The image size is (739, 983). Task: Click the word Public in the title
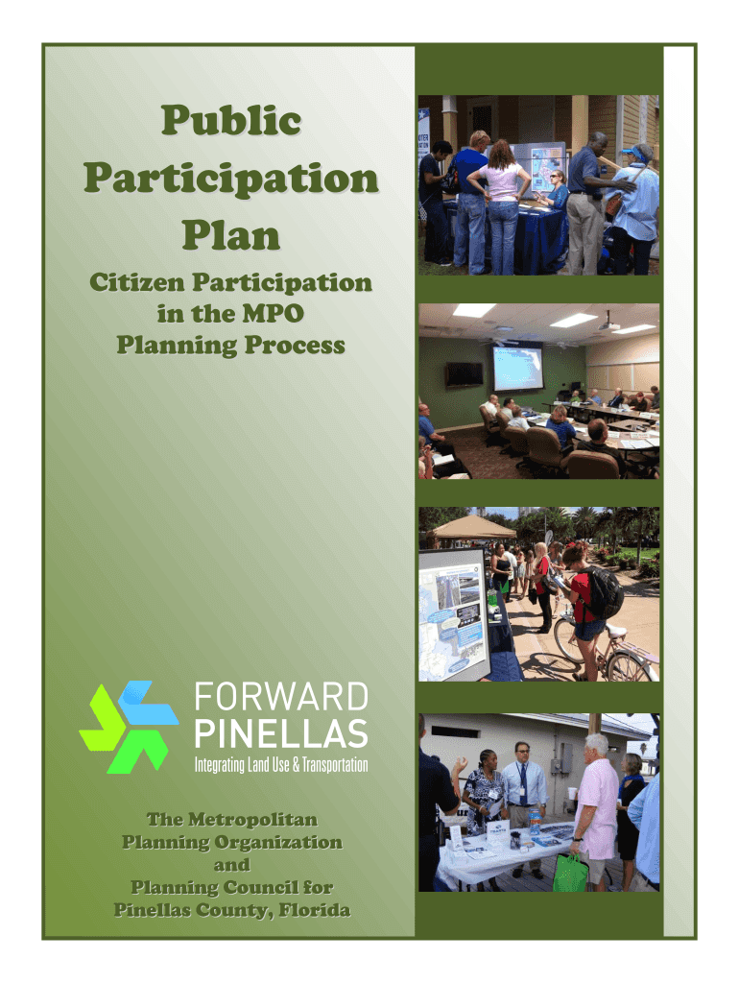click(231, 120)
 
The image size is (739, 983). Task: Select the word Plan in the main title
click(231, 235)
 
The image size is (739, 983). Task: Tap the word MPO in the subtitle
click(274, 314)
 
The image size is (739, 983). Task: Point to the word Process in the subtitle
click(295, 345)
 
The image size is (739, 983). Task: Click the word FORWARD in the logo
click(281, 697)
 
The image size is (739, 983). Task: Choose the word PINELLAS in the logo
click(281, 733)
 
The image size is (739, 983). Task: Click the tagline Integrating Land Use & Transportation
click(281, 765)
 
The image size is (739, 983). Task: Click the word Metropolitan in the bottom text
click(252, 820)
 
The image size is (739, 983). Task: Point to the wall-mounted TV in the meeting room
click(464, 375)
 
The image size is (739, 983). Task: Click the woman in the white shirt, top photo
click(503, 207)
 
